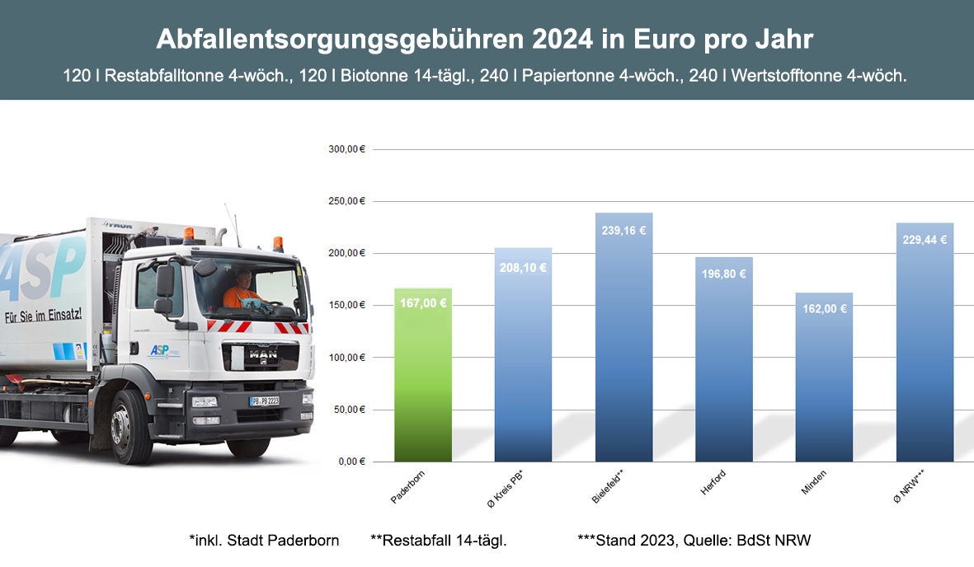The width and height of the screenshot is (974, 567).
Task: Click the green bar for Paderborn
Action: (423, 375)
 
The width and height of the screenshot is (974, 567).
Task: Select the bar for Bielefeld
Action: (623, 338)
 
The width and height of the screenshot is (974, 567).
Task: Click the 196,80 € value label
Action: (724, 274)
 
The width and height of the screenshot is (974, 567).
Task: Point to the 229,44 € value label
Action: (925, 240)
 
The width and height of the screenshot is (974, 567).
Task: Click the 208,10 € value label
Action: (523, 267)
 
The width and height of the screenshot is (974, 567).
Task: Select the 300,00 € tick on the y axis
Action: (346, 150)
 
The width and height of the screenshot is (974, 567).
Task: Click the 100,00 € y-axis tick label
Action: (346, 358)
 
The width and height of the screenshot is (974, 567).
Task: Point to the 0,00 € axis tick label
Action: (350, 462)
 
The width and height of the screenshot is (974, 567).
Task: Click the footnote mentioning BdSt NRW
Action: (694, 541)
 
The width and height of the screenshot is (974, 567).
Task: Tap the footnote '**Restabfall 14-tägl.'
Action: (438, 541)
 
